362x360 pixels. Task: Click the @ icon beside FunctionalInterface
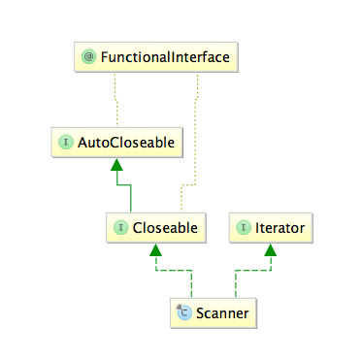88,58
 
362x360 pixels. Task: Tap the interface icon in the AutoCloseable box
66,143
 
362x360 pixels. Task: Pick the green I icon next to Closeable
120,228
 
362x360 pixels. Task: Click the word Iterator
280,228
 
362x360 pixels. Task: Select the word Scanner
222,312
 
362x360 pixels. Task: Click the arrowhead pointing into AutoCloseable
115,164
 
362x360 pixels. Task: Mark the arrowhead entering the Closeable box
153,249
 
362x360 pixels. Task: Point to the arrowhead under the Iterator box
271,249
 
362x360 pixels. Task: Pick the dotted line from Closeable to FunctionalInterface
199,146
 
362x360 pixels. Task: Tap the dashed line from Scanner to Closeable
171,272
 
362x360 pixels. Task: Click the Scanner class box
213,312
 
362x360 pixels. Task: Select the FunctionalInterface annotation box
155,58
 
